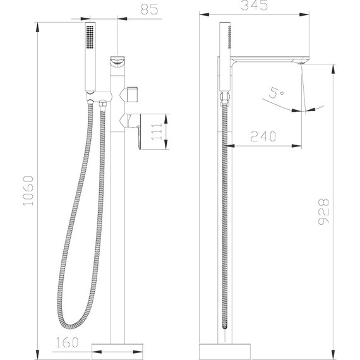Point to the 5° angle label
point(276,93)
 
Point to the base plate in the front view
point(118,348)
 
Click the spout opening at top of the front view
point(117,61)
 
